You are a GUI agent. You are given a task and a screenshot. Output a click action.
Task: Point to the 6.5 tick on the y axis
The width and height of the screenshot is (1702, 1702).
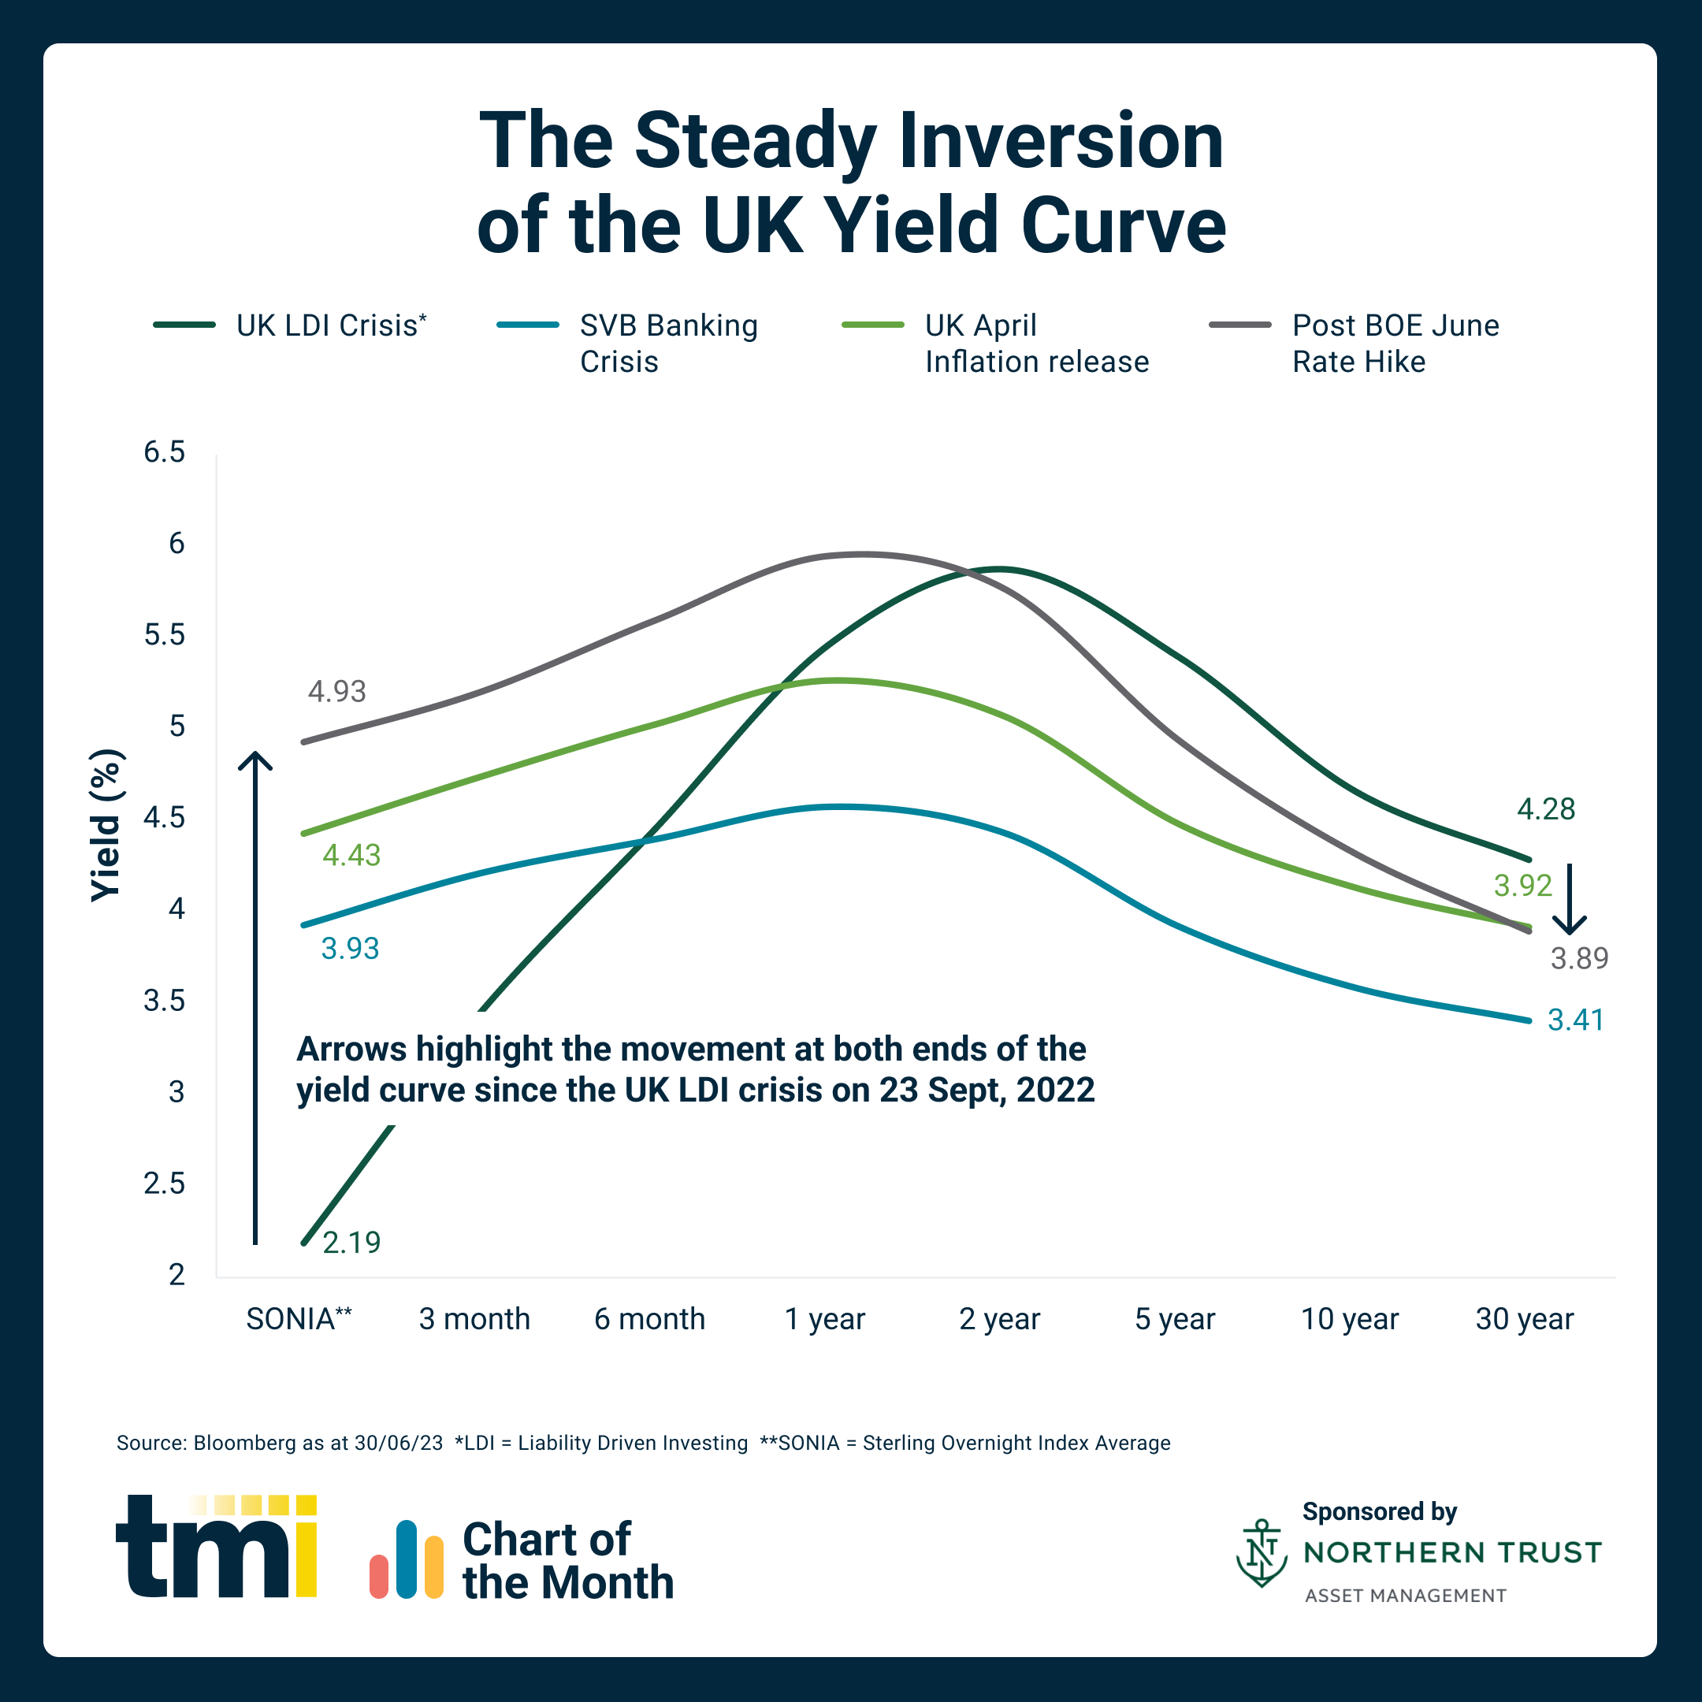tap(165, 452)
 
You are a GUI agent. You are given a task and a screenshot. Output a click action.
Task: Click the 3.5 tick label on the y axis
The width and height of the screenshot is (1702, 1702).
tap(165, 1001)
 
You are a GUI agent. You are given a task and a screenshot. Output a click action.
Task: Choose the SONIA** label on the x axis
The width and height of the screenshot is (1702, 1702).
tap(299, 1319)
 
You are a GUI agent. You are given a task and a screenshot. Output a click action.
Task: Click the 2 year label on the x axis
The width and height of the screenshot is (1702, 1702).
tap(999, 1319)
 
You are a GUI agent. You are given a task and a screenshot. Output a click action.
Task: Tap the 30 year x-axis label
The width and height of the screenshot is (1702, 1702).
tap(1524, 1319)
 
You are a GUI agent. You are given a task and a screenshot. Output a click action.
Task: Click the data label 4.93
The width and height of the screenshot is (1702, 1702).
tap(336, 692)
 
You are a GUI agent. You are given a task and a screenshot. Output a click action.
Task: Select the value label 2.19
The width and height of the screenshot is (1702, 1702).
tap(351, 1242)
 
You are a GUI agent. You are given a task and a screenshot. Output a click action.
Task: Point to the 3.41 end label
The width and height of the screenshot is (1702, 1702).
tap(1576, 1020)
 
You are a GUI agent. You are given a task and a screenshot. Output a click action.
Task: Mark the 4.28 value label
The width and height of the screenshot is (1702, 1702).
tap(1546, 808)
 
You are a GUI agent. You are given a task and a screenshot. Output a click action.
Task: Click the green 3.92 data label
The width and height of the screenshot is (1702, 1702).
tap(1523, 886)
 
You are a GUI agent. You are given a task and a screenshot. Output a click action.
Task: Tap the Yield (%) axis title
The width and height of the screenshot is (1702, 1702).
tap(106, 826)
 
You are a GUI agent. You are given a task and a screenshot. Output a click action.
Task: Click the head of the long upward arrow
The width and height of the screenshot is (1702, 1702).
tap(255, 760)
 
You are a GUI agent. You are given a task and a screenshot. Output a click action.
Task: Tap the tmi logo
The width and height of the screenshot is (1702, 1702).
tap(217, 1546)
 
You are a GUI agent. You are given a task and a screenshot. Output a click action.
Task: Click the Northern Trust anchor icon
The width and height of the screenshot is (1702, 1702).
tap(1262, 1553)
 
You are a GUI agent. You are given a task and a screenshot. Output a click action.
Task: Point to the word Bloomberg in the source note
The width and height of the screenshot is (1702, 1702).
tap(245, 1443)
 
